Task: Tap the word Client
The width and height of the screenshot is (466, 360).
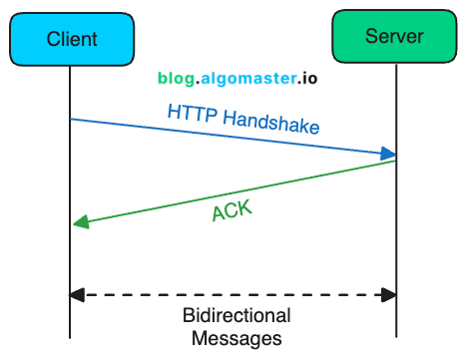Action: pos(72,40)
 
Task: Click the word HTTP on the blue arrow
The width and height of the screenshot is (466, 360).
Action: pos(192,112)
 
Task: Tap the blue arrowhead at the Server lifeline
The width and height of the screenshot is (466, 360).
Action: pos(390,154)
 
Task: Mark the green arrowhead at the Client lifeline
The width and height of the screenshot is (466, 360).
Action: pos(79,225)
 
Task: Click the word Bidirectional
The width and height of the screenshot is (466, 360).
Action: pos(236,316)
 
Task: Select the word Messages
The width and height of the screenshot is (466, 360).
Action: pos(236,338)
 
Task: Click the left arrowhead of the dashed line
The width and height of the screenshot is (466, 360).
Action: pos(77,294)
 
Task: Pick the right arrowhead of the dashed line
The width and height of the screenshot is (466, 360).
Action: pos(390,294)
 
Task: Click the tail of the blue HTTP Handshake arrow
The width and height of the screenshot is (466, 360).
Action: pos(73,120)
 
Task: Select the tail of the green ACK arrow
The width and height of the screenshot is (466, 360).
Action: pos(395,162)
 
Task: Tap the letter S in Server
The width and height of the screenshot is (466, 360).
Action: pos(371,37)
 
